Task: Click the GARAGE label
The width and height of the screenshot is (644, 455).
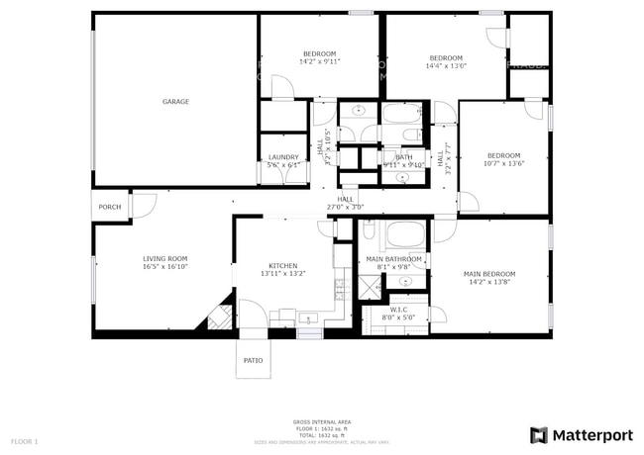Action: pyautogui.click(x=175, y=102)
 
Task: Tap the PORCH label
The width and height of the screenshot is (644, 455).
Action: pyautogui.click(x=110, y=207)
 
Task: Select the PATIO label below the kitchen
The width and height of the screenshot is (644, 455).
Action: pyautogui.click(x=253, y=360)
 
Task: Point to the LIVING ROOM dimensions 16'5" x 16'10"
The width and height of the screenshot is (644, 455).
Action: pyautogui.click(x=164, y=266)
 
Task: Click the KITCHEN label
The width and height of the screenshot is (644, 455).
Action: pyautogui.click(x=283, y=266)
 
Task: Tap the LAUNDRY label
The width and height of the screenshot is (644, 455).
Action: pyautogui.click(x=283, y=157)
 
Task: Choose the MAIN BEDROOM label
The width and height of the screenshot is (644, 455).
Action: pyautogui.click(x=489, y=273)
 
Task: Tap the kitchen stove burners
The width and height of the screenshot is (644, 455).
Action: pyautogui.click(x=343, y=288)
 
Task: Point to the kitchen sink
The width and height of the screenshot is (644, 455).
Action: pyautogui.click(x=309, y=319)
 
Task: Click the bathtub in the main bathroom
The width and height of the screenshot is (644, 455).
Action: pyautogui.click(x=404, y=235)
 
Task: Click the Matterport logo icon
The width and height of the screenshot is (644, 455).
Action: pyautogui.click(x=539, y=435)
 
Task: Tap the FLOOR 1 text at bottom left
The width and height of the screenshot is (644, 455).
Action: pyautogui.click(x=24, y=440)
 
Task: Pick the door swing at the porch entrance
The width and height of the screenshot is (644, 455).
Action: pyautogui.click(x=145, y=206)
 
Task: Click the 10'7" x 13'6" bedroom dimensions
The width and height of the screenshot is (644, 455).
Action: pyautogui.click(x=503, y=164)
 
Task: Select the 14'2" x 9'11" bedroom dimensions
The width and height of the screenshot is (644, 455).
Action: pyautogui.click(x=319, y=61)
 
